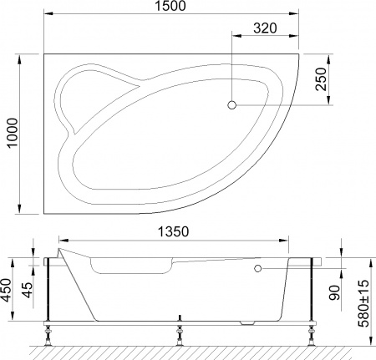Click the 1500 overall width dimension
170,8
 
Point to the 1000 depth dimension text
11,133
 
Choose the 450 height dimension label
10,288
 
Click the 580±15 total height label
365,302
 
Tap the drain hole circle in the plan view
232,104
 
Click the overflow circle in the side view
258,269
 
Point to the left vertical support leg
52,288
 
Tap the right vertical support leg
312,288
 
